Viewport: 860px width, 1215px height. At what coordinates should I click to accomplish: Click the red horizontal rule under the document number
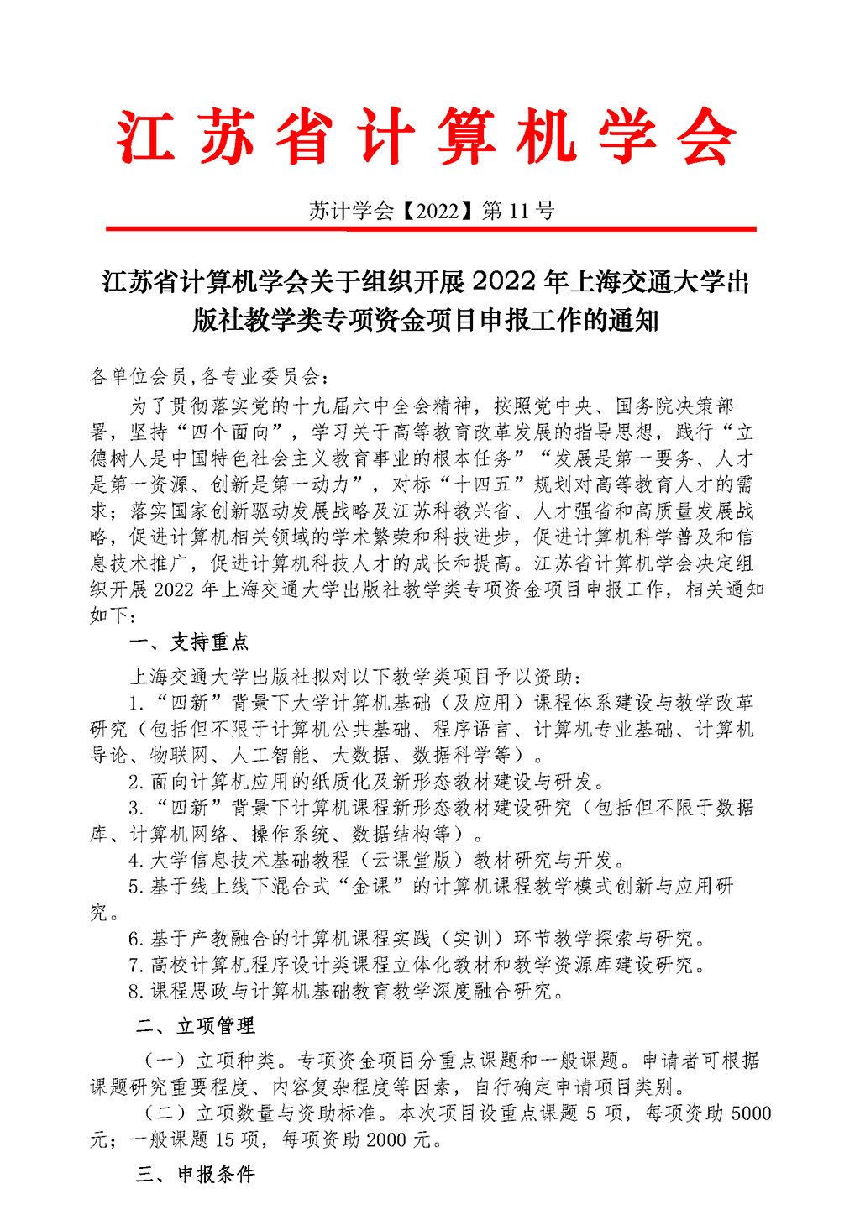click(x=430, y=228)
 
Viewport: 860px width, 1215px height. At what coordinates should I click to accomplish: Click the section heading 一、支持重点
click(x=190, y=642)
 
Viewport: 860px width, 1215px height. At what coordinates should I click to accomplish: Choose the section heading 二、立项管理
click(x=196, y=1025)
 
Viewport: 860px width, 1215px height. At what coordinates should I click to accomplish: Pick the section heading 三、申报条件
click(x=196, y=1174)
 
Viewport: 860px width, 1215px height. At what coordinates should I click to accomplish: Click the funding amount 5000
click(x=751, y=1113)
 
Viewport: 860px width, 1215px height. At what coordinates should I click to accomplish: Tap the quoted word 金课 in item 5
click(x=370, y=886)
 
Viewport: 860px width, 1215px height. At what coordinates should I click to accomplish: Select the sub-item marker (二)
click(x=165, y=1113)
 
